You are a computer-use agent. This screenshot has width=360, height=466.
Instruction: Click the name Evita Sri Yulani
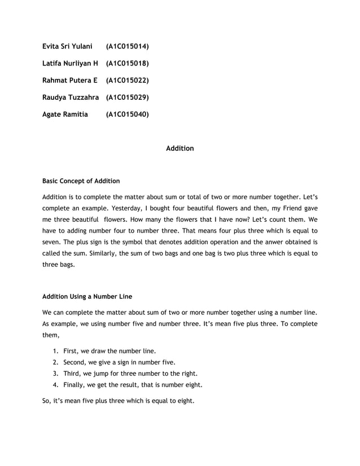click(67, 45)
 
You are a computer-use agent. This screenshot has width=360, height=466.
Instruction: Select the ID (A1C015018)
click(127, 63)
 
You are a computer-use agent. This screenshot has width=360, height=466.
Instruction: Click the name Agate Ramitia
click(65, 114)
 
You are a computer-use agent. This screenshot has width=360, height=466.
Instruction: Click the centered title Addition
click(180, 148)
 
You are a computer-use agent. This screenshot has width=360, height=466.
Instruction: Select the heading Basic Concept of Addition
click(81, 181)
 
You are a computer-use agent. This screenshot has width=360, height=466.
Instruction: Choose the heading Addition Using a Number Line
click(89, 296)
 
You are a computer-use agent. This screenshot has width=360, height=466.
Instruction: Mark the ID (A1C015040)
click(127, 114)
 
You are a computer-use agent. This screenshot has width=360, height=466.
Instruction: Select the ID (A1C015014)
click(127, 45)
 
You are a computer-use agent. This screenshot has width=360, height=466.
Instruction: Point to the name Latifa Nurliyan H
click(71, 63)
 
